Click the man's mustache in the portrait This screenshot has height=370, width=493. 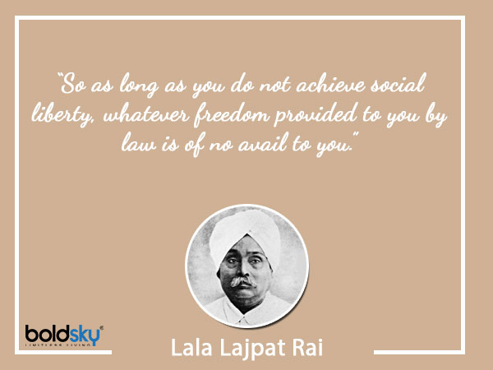click(x=245, y=282)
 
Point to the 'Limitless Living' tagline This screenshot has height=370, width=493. click(x=62, y=349)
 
